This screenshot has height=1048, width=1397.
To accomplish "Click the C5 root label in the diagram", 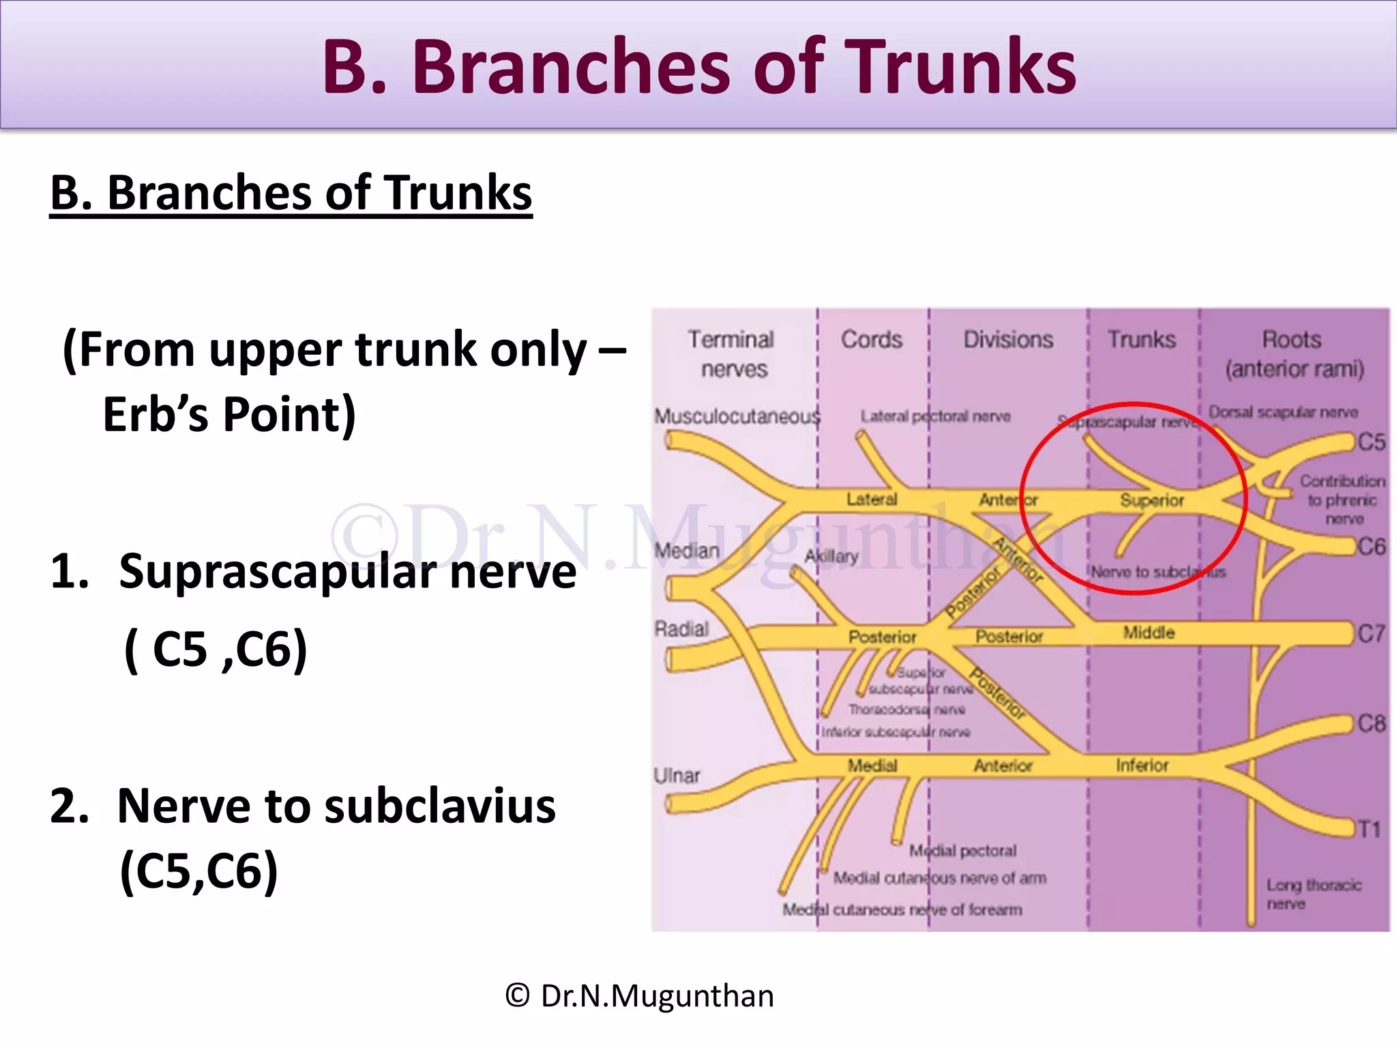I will (x=1371, y=442).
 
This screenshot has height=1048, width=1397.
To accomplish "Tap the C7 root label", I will (x=1371, y=634).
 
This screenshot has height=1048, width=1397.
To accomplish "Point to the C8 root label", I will (x=1371, y=723).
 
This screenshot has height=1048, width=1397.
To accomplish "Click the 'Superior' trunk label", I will (x=1151, y=501).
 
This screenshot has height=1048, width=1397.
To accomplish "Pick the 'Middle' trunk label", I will (x=1149, y=633).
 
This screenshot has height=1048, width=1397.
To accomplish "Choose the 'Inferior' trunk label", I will (x=1142, y=766).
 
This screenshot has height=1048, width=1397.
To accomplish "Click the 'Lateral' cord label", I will (x=872, y=499).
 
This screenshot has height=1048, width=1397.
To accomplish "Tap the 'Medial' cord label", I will (x=872, y=766).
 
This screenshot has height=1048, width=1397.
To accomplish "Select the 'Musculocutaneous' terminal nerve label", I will (x=737, y=416).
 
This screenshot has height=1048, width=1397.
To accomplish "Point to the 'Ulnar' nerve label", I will (x=677, y=776).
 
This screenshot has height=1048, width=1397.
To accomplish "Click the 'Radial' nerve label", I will (x=681, y=629).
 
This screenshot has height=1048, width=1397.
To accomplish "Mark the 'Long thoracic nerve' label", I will (x=1313, y=894).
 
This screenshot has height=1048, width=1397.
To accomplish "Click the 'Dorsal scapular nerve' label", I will (x=1283, y=412).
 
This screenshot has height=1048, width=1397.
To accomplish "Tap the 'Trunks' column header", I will (x=1141, y=340).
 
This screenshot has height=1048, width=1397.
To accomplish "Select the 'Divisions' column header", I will (x=1008, y=340).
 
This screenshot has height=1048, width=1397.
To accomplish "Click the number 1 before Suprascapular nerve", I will (x=69, y=571).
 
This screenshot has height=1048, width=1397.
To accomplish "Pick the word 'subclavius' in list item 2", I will (x=440, y=806).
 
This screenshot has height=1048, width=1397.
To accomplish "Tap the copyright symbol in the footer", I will (x=518, y=996).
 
